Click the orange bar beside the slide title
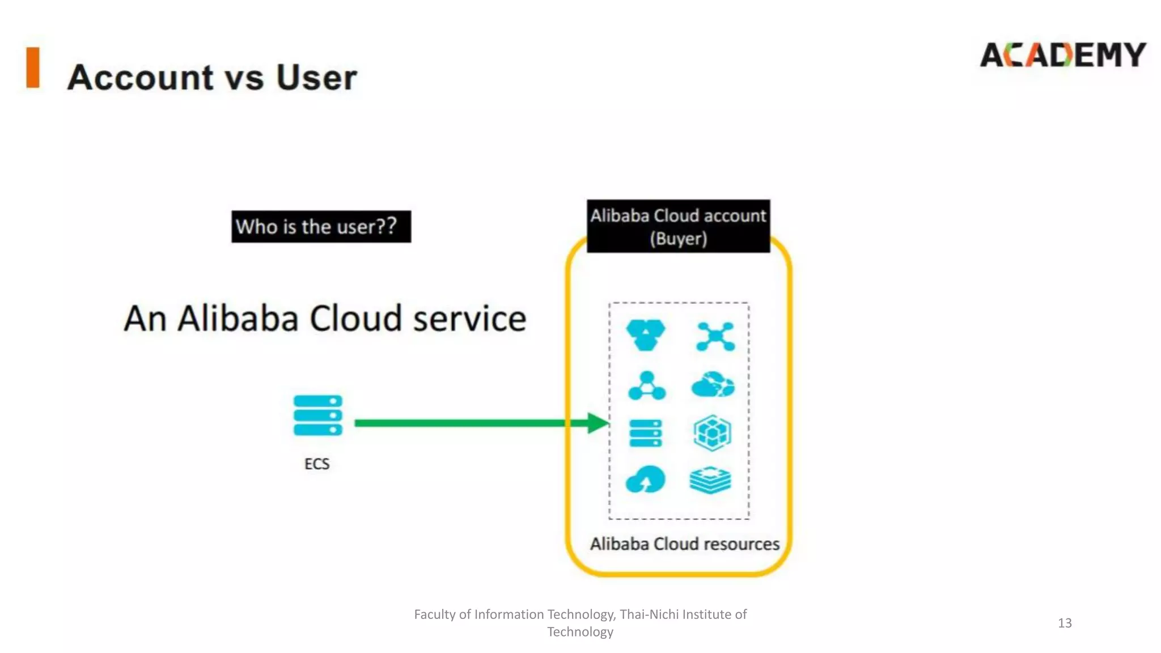tap(33, 67)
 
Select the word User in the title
tap(316, 77)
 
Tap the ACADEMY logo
tap(1062, 55)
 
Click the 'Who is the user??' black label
tap(321, 227)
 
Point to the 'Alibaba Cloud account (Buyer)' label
tap(678, 227)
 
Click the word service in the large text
tap(469, 318)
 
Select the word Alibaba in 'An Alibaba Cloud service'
tap(238, 318)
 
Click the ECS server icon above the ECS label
tap(317, 415)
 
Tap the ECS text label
tap(317, 464)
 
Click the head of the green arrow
tap(598, 423)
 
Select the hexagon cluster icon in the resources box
tap(646, 334)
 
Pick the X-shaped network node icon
tap(715, 336)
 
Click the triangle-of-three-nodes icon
tap(647, 386)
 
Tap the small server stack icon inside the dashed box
tap(646, 434)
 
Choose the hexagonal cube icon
tap(712, 433)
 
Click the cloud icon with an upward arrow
tap(645, 480)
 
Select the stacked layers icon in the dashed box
tap(710, 480)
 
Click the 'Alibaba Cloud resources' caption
tap(684, 544)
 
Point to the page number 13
tap(1065, 623)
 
